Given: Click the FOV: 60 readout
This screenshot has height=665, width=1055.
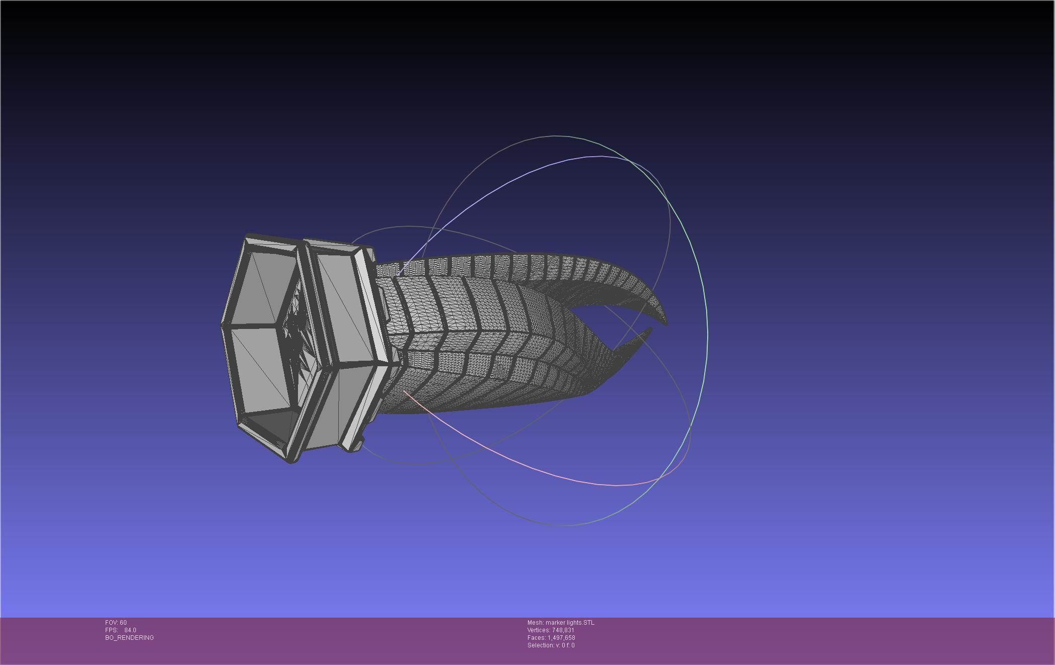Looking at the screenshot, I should [116, 623].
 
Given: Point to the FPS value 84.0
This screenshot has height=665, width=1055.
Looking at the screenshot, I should [130, 630].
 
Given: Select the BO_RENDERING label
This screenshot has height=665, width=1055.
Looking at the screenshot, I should [129, 638].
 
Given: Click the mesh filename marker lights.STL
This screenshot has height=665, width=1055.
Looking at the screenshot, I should [569, 623].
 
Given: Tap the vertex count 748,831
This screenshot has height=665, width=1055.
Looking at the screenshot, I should [563, 630].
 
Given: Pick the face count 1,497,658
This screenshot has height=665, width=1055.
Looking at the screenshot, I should [561, 638].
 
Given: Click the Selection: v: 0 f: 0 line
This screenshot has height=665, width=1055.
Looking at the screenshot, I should [551, 645].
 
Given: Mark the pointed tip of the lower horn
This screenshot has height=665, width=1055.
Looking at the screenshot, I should [650, 329].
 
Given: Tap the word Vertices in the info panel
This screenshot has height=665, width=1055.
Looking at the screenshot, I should [539, 630].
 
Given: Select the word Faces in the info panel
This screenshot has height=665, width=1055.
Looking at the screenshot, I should [536, 638].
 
